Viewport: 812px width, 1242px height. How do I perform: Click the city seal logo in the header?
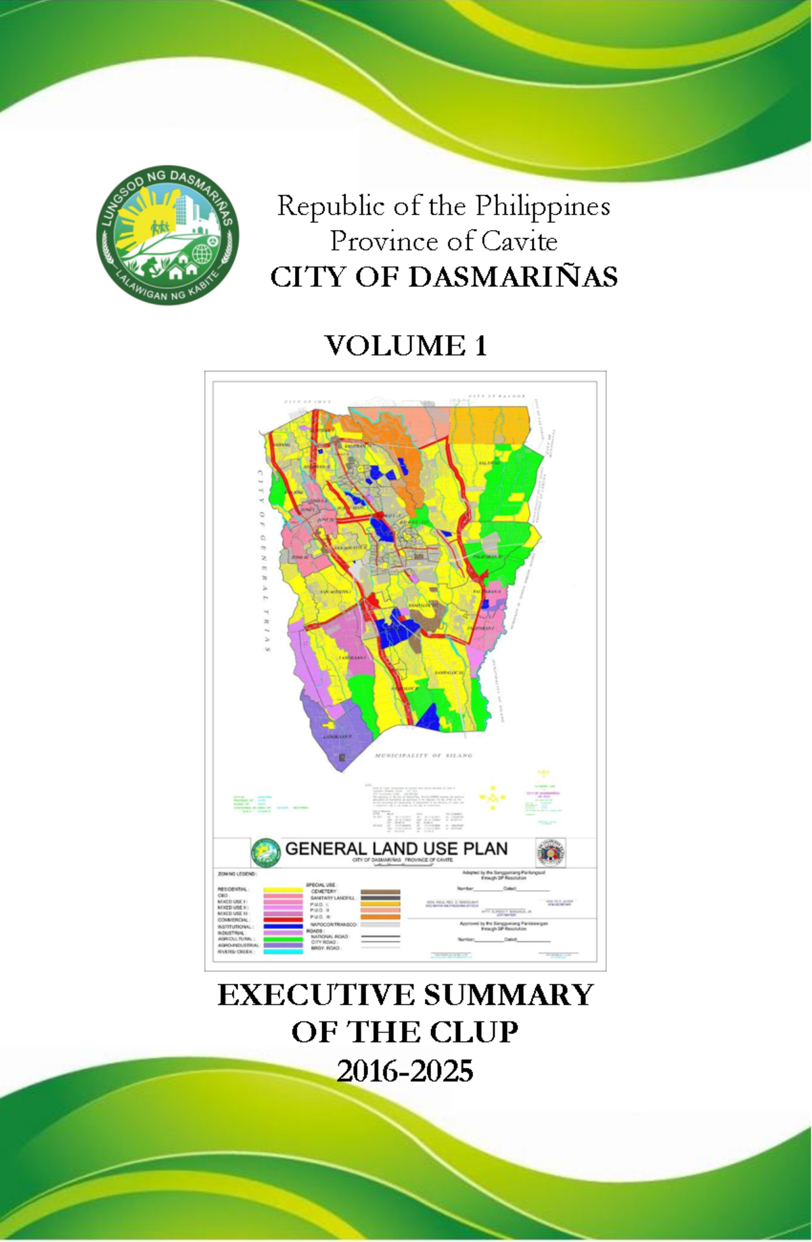pyautogui.click(x=167, y=236)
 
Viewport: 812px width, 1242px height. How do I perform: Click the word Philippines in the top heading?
pyautogui.click(x=542, y=206)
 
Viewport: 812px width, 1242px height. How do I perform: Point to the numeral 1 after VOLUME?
pyautogui.click(x=480, y=346)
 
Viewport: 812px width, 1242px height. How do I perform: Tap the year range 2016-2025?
pyautogui.click(x=405, y=1071)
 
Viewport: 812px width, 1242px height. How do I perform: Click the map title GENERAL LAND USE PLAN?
pyautogui.click(x=396, y=849)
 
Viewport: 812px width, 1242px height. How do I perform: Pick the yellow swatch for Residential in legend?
pyautogui.click(x=283, y=889)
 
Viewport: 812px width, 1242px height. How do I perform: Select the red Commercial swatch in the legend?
pyautogui.click(x=283, y=920)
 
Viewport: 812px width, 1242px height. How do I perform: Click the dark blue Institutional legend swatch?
pyautogui.click(x=283, y=927)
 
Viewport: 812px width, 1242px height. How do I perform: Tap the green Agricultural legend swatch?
pyautogui.click(x=283, y=939)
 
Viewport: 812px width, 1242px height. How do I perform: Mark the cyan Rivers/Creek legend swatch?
pyautogui.click(x=283, y=952)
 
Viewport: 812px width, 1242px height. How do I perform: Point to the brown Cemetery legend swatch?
pyautogui.click(x=380, y=891)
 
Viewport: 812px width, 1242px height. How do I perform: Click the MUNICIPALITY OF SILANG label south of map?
pyautogui.click(x=424, y=755)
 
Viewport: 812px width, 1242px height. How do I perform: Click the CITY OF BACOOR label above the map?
pyautogui.click(x=497, y=396)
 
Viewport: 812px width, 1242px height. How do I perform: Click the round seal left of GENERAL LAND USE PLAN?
pyautogui.click(x=265, y=853)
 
